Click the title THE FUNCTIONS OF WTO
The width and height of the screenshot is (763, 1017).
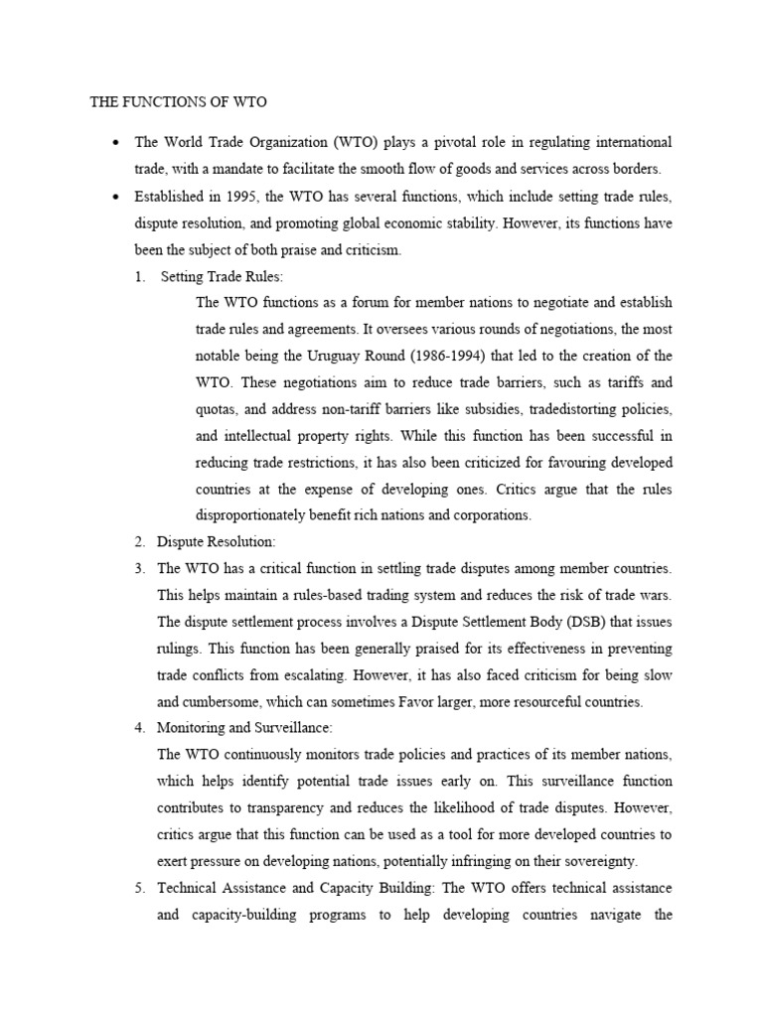(x=178, y=101)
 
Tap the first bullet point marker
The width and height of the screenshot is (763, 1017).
(x=118, y=143)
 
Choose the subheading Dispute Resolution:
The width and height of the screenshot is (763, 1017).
(x=217, y=541)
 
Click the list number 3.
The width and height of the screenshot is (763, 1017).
(x=140, y=568)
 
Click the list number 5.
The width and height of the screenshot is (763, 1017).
(x=140, y=887)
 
